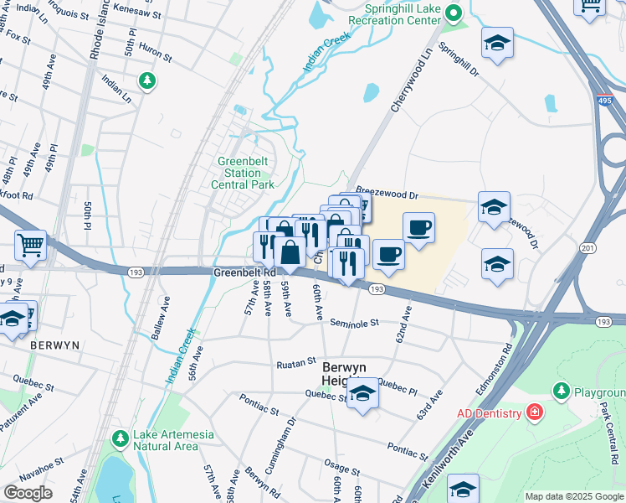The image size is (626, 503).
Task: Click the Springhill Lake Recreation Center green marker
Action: click(x=454, y=13)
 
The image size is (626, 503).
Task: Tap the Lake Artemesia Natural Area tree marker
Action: click(x=121, y=438)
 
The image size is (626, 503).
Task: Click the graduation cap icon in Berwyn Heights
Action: click(x=362, y=395)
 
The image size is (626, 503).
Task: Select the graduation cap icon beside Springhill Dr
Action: click(x=497, y=45)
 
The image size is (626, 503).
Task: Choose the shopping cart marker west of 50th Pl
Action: click(x=30, y=246)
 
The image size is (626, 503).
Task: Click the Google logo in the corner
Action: click(x=28, y=492)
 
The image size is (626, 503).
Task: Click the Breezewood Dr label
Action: click(x=386, y=192)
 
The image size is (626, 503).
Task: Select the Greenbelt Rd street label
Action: click(x=244, y=272)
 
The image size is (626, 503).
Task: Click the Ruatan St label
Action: click(x=295, y=363)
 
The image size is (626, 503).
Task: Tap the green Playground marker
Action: click(x=561, y=391)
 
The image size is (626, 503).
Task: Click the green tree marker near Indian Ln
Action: click(x=147, y=80)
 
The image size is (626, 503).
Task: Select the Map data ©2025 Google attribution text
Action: click(x=573, y=496)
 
